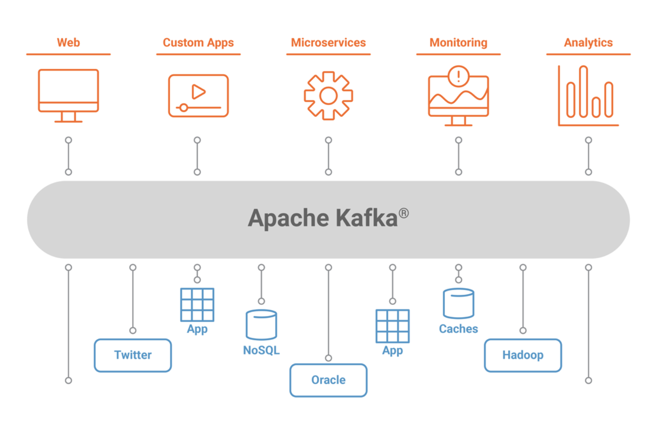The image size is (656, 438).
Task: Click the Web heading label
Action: click(68, 43)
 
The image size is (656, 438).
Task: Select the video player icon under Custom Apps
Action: click(198, 96)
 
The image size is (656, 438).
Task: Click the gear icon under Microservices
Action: click(328, 96)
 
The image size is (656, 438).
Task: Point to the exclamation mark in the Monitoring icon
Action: click(458, 75)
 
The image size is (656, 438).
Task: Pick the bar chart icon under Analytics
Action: click(588, 96)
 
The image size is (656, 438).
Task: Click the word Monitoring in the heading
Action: click(458, 43)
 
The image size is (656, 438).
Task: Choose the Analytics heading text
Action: click(588, 43)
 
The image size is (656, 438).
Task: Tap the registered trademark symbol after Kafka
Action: click(403, 213)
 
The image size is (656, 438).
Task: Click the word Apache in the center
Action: click(288, 218)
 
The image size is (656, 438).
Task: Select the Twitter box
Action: click(133, 355)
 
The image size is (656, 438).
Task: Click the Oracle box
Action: click(328, 380)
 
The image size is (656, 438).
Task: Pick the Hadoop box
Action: click(523, 355)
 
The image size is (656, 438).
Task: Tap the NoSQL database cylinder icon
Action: click(262, 325)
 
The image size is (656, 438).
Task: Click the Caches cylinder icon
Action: click(458, 304)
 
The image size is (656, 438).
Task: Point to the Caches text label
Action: click(458, 329)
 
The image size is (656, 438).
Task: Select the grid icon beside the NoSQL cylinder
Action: click(197, 305)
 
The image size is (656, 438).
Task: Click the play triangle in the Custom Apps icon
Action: click(198, 92)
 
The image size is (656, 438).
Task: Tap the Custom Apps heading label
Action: click(198, 43)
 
